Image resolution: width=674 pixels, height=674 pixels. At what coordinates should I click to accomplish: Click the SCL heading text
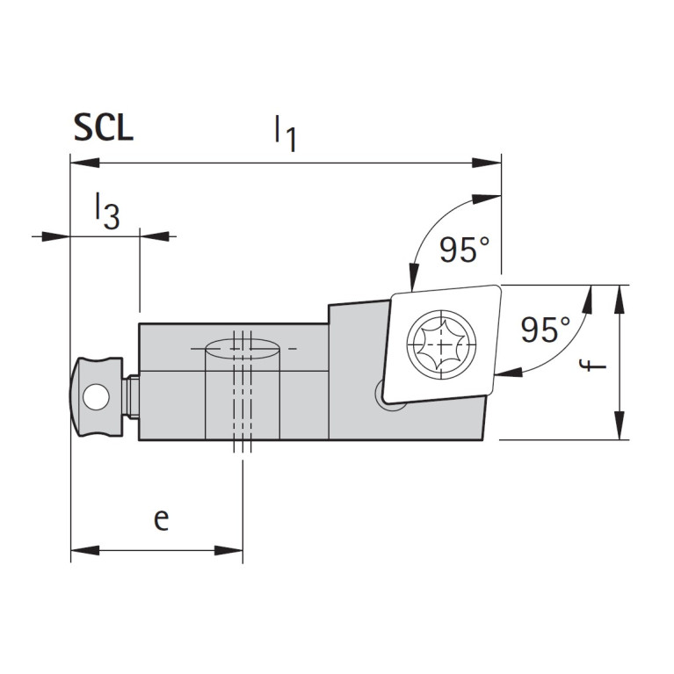click(103, 128)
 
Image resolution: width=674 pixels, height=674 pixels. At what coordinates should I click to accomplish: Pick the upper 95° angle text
click(464, 251)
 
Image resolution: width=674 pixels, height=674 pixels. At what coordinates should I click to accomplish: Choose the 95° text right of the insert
click(545, 330)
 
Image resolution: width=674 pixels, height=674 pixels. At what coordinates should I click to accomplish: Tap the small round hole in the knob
click(93, 401)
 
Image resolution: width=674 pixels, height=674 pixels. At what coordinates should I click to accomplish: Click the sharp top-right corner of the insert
click(499, 286)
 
